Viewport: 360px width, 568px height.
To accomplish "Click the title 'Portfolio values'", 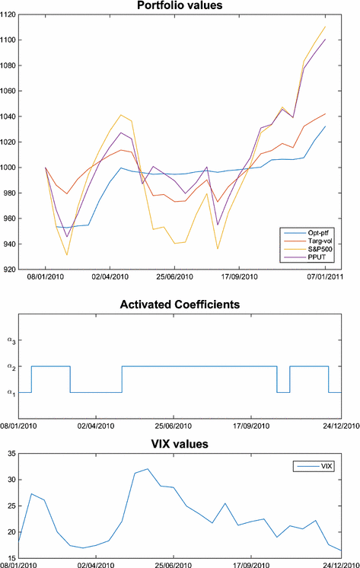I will click(x=180, y=6).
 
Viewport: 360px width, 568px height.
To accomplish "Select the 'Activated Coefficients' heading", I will click(x=180, y=305).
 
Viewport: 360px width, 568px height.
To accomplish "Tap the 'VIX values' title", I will click(x=180, y=444).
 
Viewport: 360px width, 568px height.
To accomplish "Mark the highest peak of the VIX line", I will click(x=148, y=469).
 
